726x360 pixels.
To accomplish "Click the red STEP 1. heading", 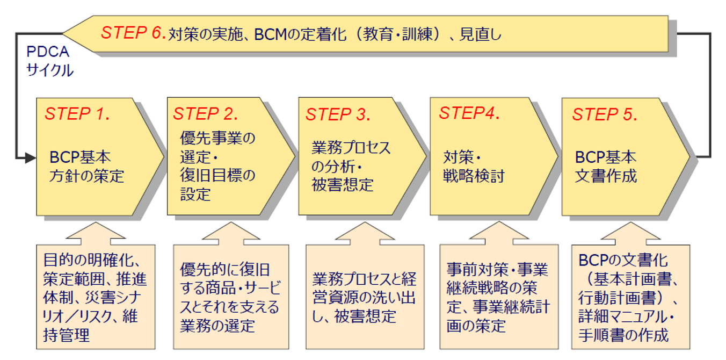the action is (x=77, y=114).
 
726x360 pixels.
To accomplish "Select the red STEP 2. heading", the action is (x=206, y=114).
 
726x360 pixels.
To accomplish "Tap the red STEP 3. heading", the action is (x=338, y=114).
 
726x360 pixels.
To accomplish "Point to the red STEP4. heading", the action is (x=469, y=113).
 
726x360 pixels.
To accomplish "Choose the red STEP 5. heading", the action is (x=605, y=114).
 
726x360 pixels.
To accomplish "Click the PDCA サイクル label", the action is (x=50, y=61).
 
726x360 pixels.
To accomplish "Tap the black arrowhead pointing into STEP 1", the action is (x=31, y=158).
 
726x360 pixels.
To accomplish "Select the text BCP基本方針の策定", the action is (x=86, y=167).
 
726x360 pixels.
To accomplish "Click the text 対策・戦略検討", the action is (x=474, y=167).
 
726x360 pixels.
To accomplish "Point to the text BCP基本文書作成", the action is (x=606, y=167).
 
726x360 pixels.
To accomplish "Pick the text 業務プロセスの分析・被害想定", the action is (x=351, y=167).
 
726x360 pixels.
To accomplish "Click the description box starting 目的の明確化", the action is (x=96, y=297).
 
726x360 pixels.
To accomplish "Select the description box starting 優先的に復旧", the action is (x=231, y=297).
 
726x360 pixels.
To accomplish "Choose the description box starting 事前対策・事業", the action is (x=499, y=297).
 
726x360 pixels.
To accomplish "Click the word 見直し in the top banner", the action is (x=480, y=34).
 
